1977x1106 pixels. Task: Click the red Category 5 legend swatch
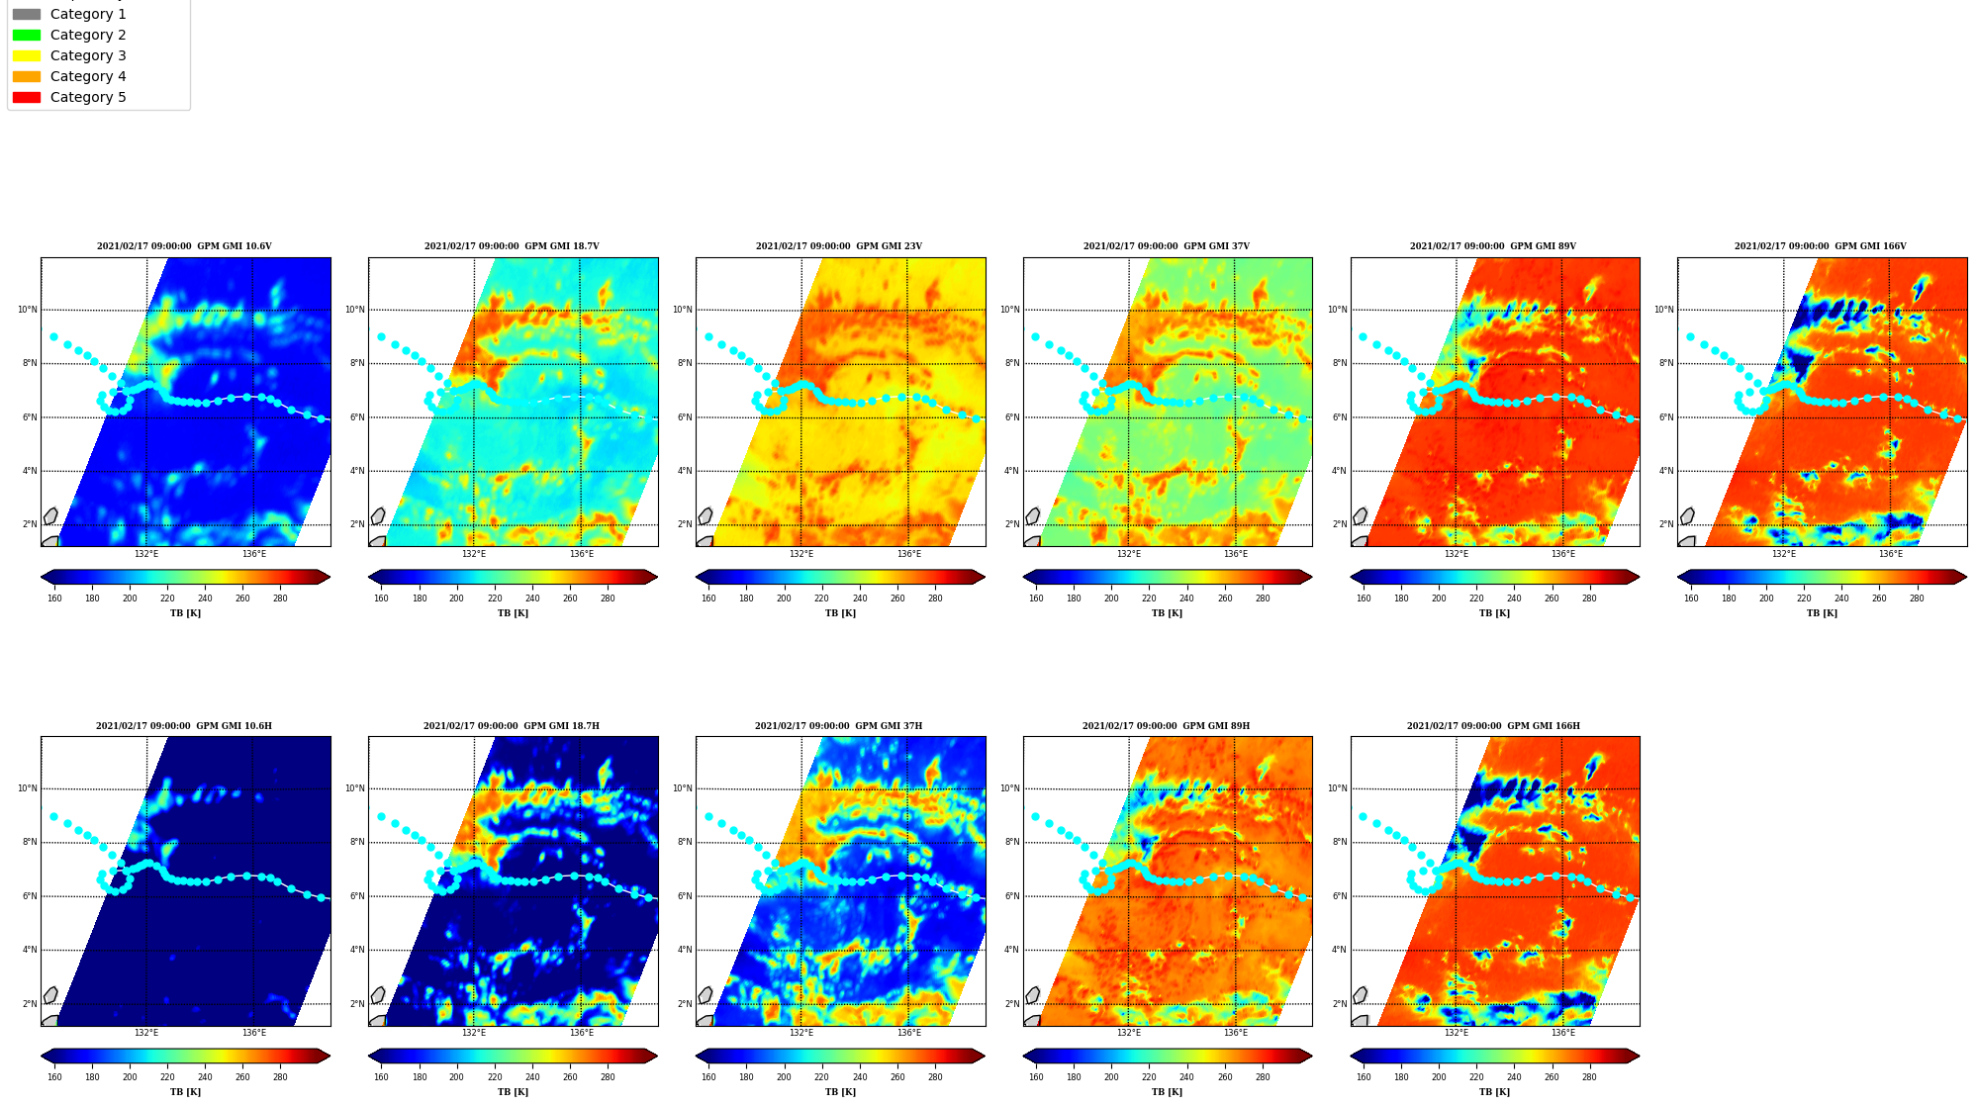click(27, 97)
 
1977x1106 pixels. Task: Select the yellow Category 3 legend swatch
click(27, 55)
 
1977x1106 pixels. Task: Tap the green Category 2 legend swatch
click(27, 35)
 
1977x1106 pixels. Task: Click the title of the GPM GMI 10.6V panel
click(184, 246)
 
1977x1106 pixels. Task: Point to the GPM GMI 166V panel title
click(1820, 246)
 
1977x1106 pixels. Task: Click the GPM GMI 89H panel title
click(1166, 726)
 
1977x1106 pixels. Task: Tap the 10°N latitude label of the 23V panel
click(682, 310)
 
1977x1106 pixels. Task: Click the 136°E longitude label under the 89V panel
click(1563, 554)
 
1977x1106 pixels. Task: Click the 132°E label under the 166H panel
click(1457, 1033)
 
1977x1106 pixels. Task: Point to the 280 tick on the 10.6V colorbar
click(280, 599)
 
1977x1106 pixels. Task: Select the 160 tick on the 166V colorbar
click(1691, 599)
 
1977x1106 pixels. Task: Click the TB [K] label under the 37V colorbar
click(1167, 613)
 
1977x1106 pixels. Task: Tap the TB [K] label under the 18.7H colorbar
click(513, 1092)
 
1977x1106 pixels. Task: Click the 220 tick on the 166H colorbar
click(1476, 1077)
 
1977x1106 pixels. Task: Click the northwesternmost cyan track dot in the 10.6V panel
click(53, 337)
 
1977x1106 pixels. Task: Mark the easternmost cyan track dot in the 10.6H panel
click(321, 898)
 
